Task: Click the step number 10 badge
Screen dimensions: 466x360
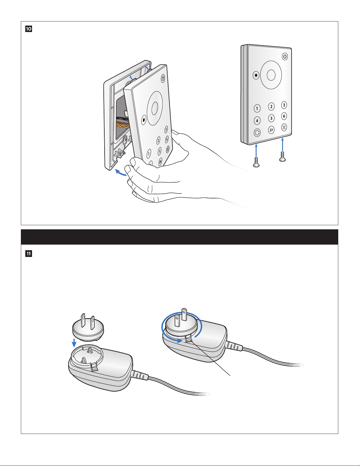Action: pos(29,29)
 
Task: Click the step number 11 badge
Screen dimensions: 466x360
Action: pos(29,253)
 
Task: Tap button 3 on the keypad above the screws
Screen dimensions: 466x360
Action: pos(284,105)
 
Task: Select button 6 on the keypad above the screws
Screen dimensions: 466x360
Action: pos(284,116)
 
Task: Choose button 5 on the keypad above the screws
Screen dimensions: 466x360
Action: pos(271,118)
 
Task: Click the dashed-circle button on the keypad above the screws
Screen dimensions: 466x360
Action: pos(257,133)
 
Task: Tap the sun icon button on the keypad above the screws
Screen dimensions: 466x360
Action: pos(284,128)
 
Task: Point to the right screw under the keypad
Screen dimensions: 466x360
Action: pos(282,156)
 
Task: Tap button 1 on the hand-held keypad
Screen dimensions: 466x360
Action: pos(149,153)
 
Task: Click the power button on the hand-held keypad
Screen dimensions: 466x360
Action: pos(163,78)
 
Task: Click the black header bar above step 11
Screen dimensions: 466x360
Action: pos(179,237)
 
